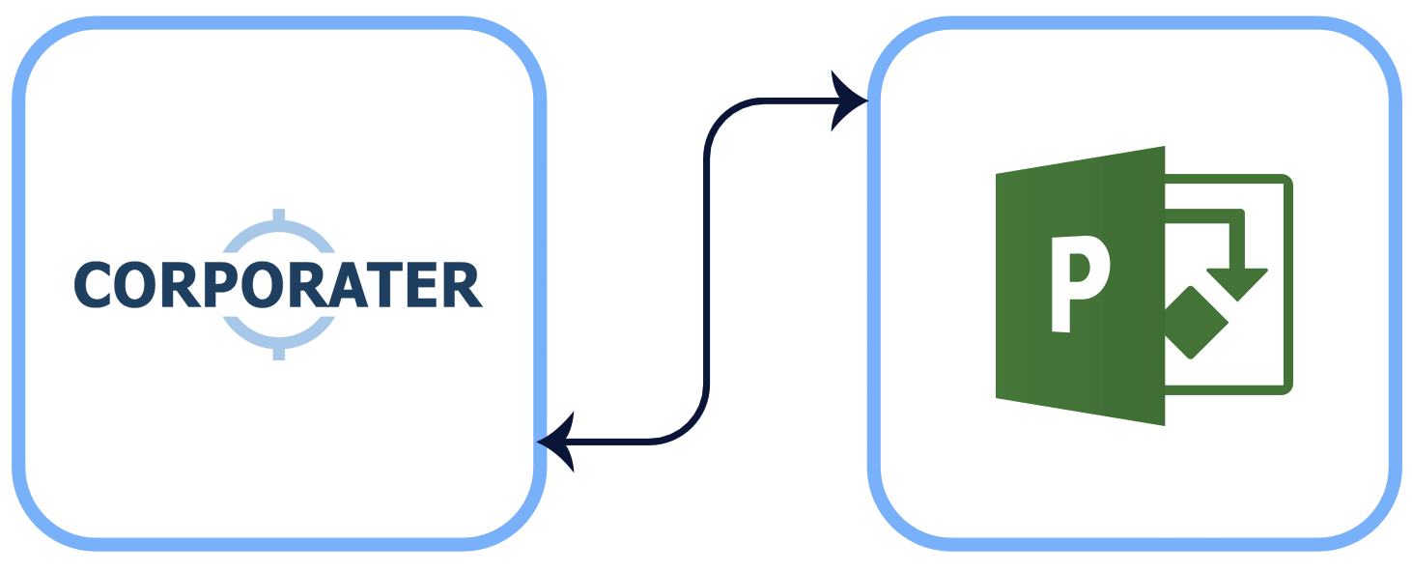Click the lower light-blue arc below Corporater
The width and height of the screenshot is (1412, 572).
click(279, 334)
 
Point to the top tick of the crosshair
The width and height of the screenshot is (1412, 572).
click(279, 214)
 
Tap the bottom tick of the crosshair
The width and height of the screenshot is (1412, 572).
click(279, 353)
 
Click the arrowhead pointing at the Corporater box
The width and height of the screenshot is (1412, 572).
click(556, 443)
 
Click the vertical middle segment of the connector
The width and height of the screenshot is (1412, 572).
click(708, 271)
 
